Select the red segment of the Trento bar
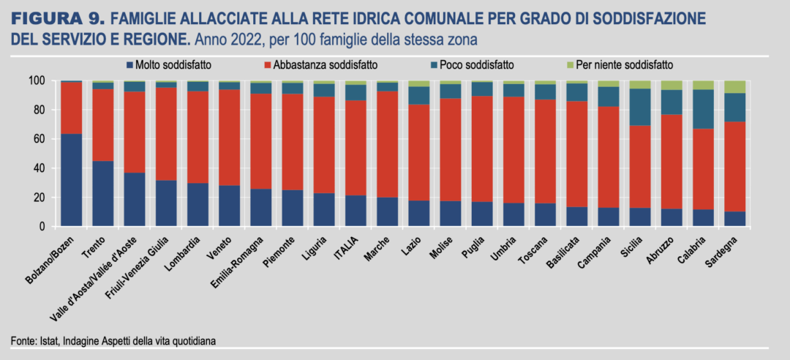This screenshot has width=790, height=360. [x=103, y=124]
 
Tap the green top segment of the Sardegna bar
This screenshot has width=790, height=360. [x=734, y=86]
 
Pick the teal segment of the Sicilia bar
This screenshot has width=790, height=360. [x=640, y=107]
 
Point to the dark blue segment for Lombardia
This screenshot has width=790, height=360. [x=197, y=205]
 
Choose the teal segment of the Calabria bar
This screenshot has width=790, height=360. [x=703, y=109]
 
